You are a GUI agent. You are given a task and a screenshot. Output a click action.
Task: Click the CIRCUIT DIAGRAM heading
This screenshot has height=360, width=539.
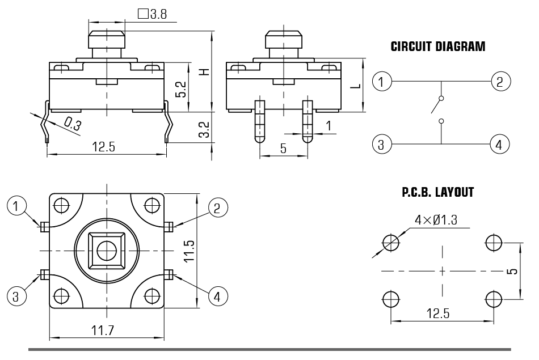coord(438,47)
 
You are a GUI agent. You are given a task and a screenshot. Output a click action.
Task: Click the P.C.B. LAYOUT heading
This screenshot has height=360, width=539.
coord(437,193)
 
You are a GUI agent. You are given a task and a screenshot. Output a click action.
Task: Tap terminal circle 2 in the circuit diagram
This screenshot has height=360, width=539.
coord(499,82)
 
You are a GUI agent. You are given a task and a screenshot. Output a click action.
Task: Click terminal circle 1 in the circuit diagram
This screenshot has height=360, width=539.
coord(381,82)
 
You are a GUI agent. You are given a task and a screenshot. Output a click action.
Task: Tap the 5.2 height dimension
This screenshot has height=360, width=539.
coord(181,88)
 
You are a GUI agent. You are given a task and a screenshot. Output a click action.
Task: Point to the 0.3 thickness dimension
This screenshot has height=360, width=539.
coord(72,123)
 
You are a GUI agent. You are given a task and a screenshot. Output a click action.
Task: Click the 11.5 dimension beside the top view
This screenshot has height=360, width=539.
coord(190,250)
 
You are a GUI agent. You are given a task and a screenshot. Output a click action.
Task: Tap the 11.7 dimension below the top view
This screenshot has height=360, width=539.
coord(106,331)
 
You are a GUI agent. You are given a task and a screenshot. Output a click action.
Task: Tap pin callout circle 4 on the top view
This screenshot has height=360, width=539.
coord(218,295)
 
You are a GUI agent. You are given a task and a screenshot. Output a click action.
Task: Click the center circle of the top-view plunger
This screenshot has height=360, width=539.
coord(106,250)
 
